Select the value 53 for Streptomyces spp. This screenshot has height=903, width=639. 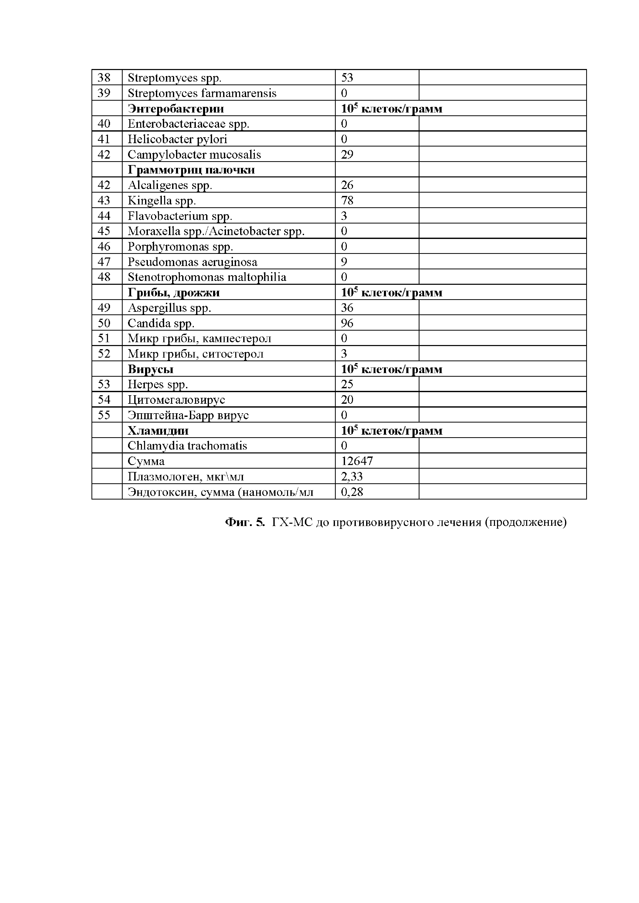point(347,78)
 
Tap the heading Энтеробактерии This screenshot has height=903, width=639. point(176,109)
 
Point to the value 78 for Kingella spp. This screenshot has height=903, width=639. point(347,201)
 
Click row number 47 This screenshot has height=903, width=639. point(104,262)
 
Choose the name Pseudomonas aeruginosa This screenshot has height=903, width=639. point(192,262)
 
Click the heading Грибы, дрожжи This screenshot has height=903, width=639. point(173,293)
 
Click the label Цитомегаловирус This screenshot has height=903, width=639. point(176,400)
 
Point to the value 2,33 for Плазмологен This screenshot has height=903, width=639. point(352,477)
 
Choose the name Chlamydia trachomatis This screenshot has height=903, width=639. point(187,446)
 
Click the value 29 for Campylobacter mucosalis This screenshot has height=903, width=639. point(347,154)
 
